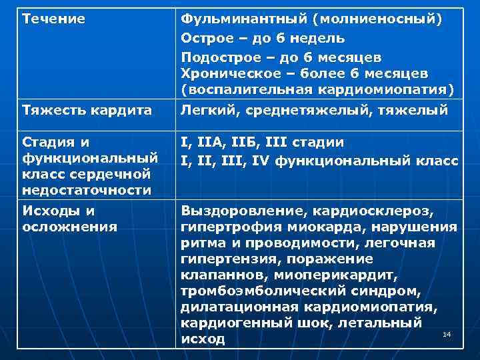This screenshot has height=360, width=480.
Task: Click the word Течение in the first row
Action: pyautogui.click(x=54, y=19)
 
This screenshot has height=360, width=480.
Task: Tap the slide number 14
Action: pyautogui.click(x=447, y=333)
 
